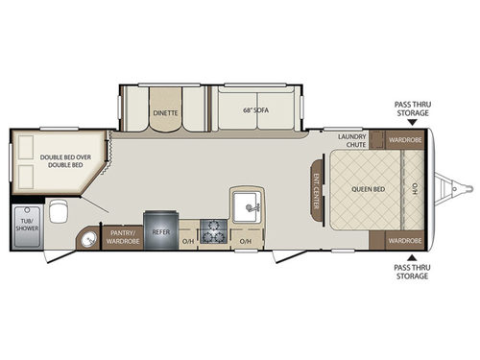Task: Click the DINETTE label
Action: [x=164, y=111]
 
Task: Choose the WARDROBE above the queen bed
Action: [x=403, y=140]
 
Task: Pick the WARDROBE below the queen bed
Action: [x=403, y=238]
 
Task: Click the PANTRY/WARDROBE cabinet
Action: [x=122, y=236]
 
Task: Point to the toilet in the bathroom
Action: [x=60, y=211]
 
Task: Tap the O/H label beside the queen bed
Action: [x=414, y=188]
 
